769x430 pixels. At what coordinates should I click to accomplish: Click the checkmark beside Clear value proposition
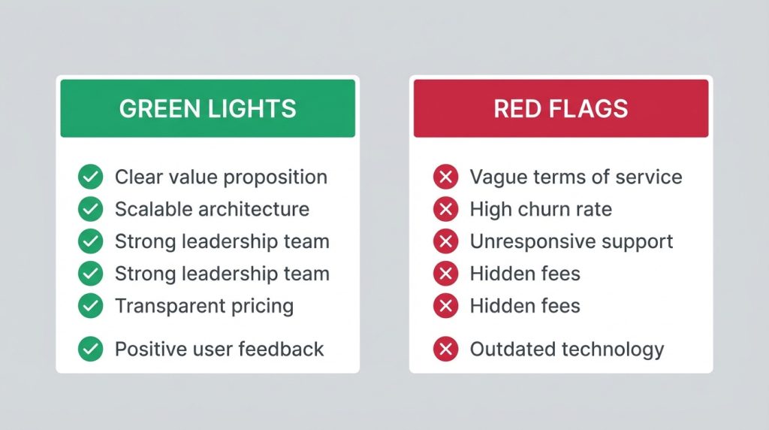(90, 177)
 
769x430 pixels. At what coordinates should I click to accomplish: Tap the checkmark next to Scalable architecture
(90, 210)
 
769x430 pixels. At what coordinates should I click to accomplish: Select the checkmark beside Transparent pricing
(90, 306)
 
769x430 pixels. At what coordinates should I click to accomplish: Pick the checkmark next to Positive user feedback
(90, 349)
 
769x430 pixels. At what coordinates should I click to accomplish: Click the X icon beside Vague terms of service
(445, 177)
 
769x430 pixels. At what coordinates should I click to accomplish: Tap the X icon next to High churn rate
(445, 210)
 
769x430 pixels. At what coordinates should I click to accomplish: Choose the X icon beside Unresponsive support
(445, 241)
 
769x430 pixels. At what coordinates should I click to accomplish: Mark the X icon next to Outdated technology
(445, 349)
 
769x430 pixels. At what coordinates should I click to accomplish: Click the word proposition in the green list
(276, 178)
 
